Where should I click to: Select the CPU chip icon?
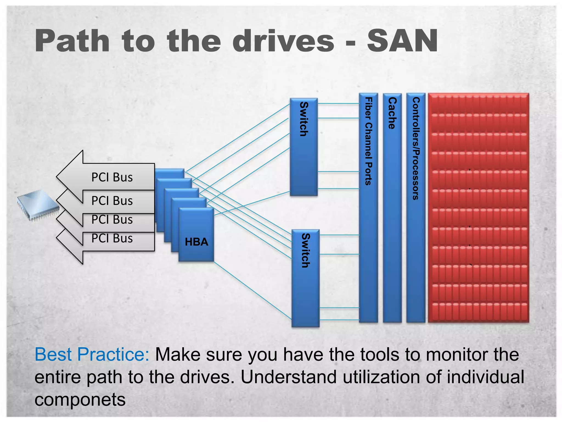(x=38, y=205)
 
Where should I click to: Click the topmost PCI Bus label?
(x=112, y=177)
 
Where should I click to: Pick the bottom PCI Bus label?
(x=112, y=238)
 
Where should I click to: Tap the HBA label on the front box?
(x=196, y=242)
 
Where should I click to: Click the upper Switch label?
(x=304, y=119)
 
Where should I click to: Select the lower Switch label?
(x=305, y=250)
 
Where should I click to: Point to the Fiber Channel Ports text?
(x=369, y=141)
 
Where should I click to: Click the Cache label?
(x=392, y=113)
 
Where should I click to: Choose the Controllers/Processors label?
(x=416, y=148)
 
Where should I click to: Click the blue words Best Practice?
(x=92, y=354)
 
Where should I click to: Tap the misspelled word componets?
(x=80, y=400)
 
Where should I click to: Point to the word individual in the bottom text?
(x=485, y=377)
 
